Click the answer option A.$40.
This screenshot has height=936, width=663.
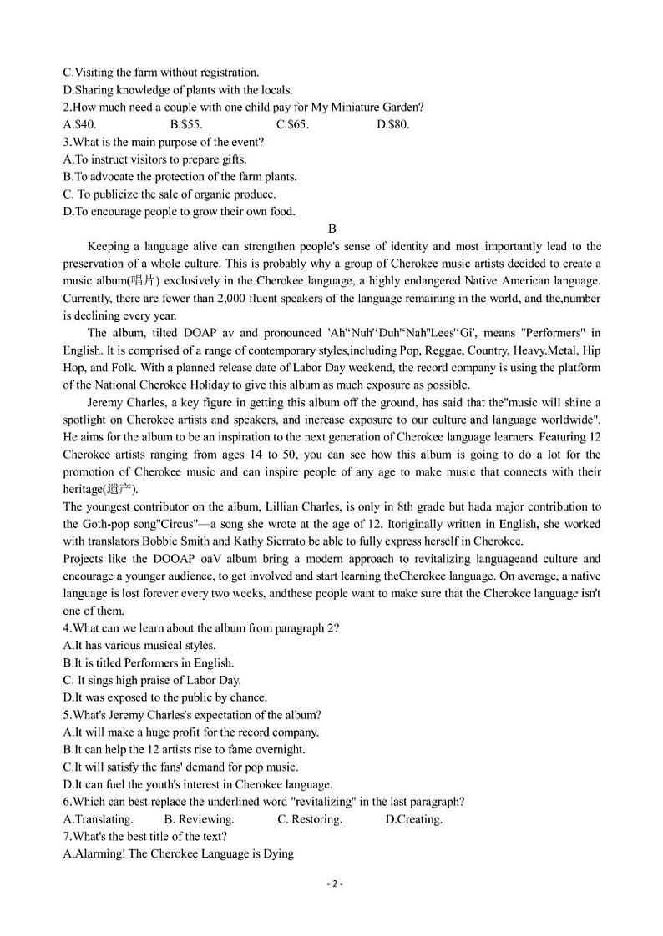coord(80,124)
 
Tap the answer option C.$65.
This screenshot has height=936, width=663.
coord(292,124)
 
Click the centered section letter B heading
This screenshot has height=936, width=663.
coord(331,229)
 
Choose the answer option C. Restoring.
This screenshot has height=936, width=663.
coord(310,819)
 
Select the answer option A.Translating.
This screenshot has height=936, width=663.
coord(99,819)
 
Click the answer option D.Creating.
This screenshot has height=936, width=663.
coord(414,819)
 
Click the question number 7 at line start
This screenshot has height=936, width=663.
coord(67,837)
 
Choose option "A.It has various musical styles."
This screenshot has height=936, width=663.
coord(139,646)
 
